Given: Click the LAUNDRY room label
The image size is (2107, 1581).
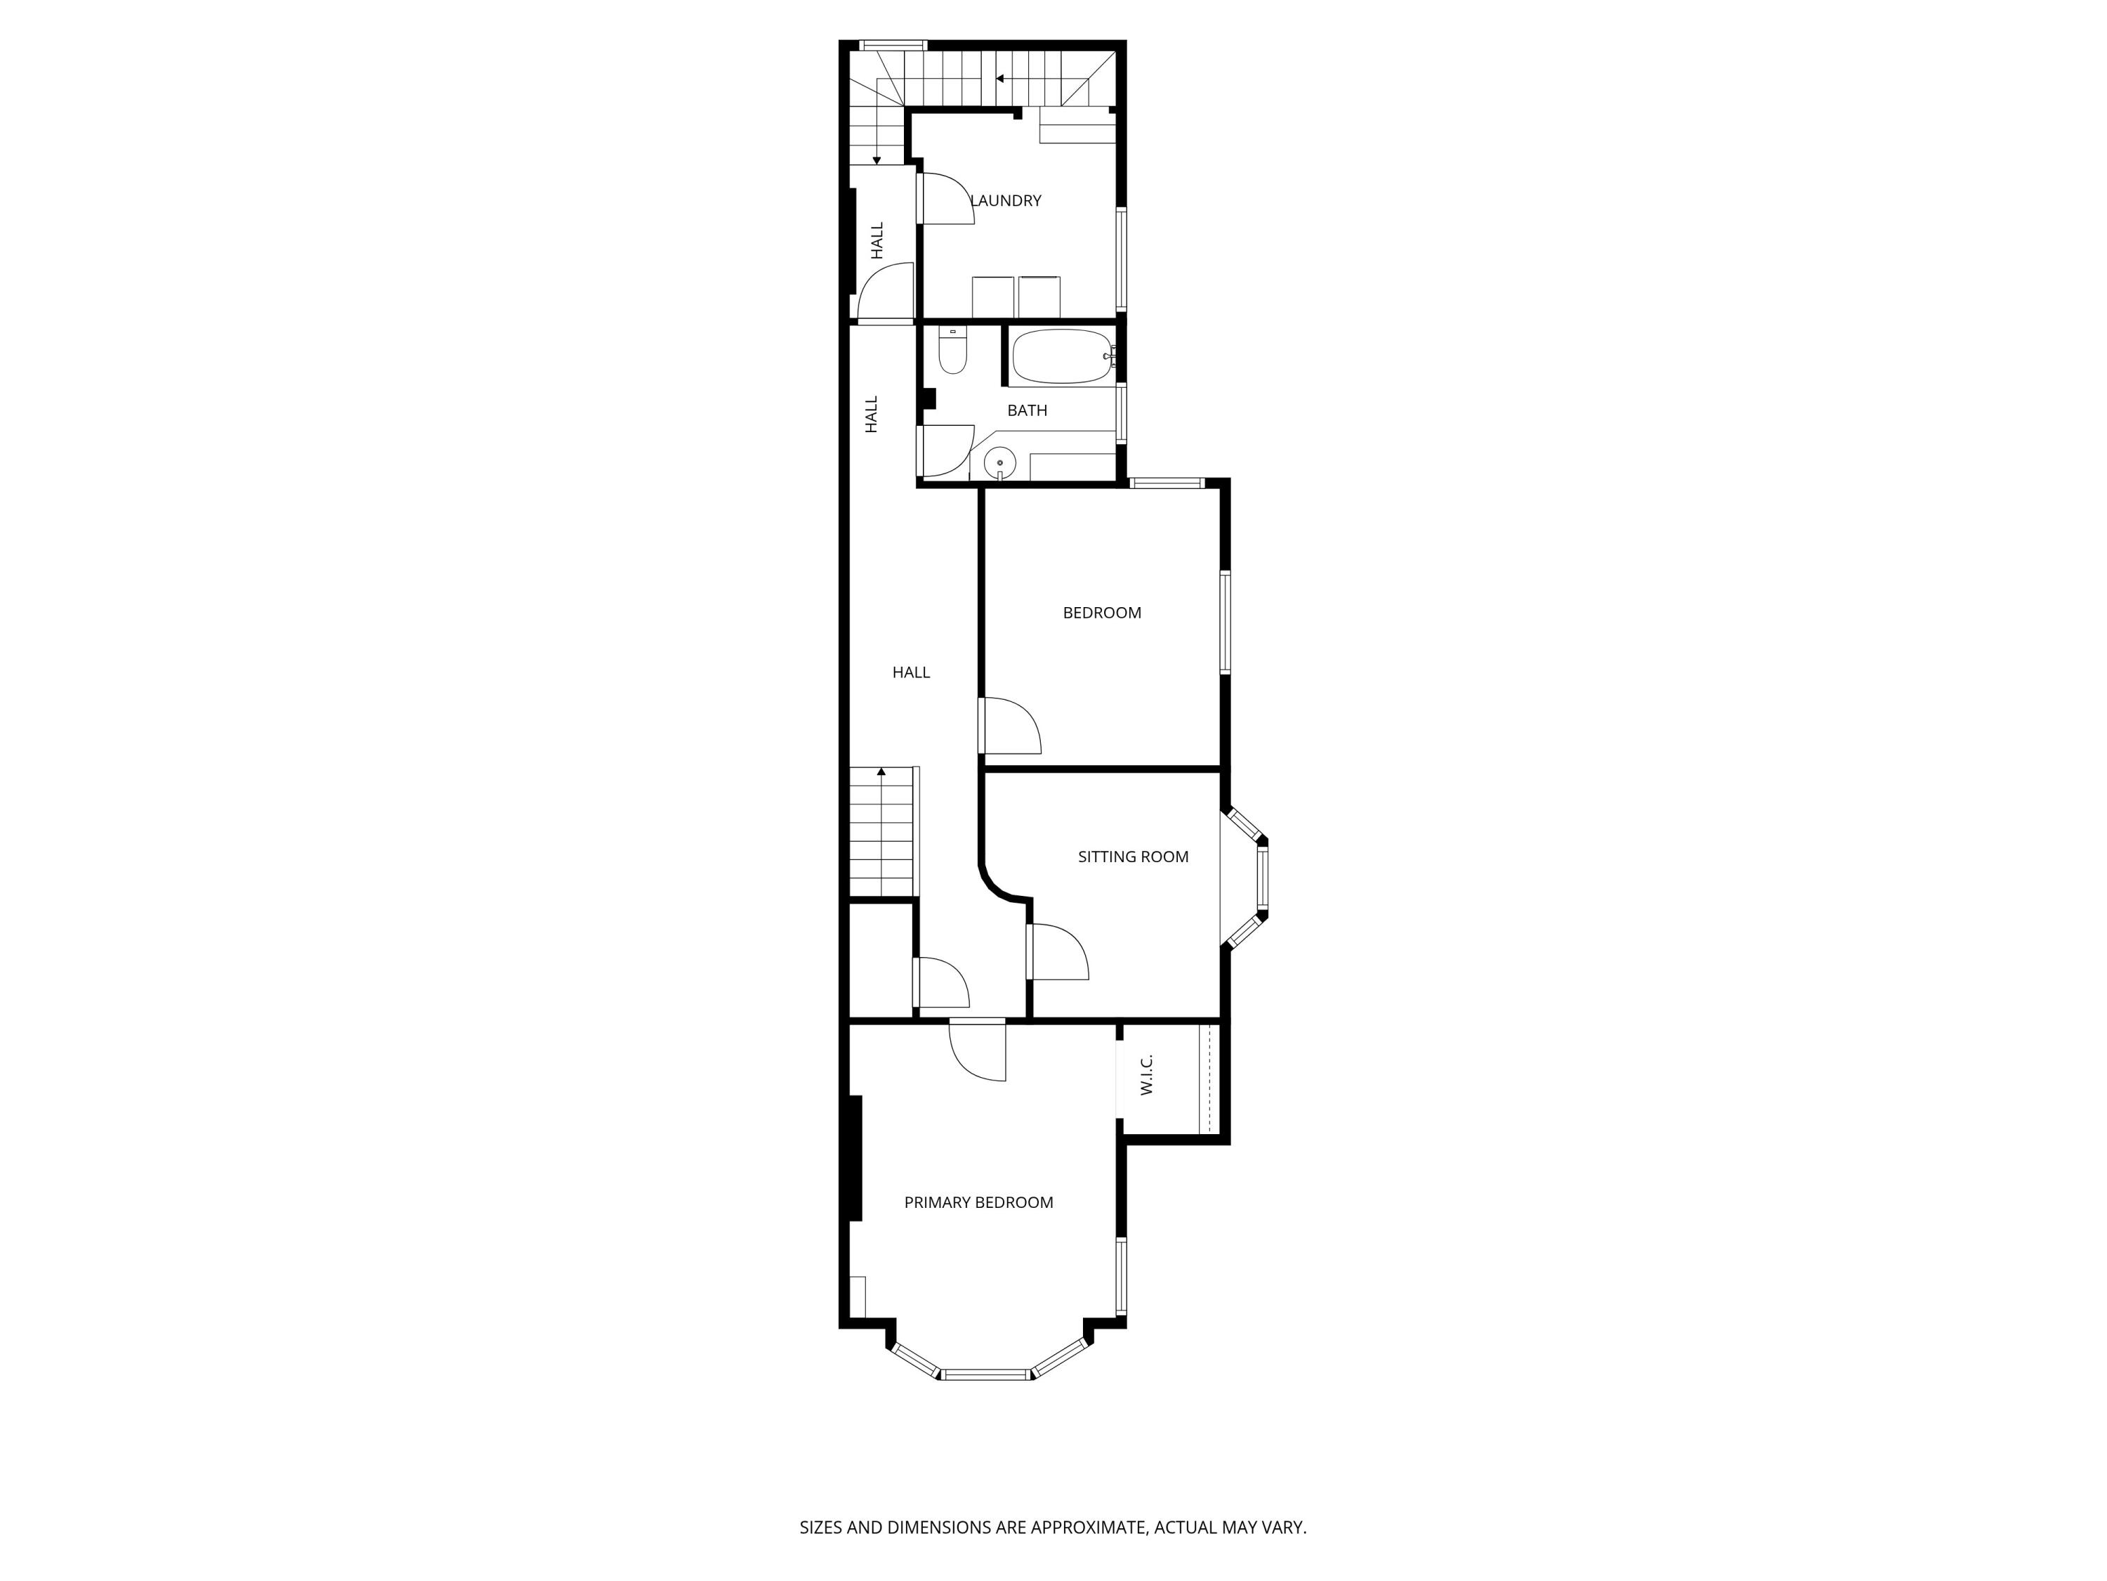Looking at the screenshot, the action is (1006, 200).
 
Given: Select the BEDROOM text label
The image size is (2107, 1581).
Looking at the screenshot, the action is (1102, 613).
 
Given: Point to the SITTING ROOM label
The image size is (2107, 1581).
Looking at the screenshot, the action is (1134, 857).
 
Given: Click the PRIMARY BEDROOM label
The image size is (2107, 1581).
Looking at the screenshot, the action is (979, 1203).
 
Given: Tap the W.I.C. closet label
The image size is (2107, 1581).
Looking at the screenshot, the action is (1147, 1075).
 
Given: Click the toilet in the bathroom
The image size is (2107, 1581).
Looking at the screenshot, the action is (952, 350).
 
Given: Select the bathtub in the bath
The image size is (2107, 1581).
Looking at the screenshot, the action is (1062, 356).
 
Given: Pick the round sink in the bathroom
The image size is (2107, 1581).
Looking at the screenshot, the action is (1000, 464).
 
